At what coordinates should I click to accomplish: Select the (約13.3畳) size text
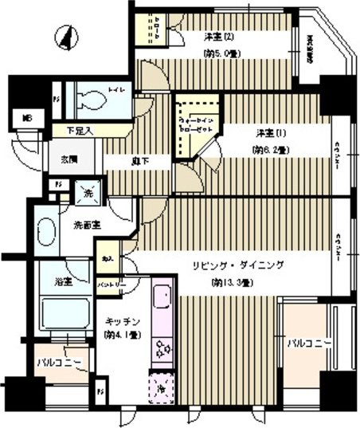tap(232, 283)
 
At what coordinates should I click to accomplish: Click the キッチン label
tap(123, 321)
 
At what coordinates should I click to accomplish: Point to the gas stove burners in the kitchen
tap(162, 348)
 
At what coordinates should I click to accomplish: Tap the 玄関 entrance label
tap(68, 159)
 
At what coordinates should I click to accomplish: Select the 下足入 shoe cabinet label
tap(78, 130)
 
